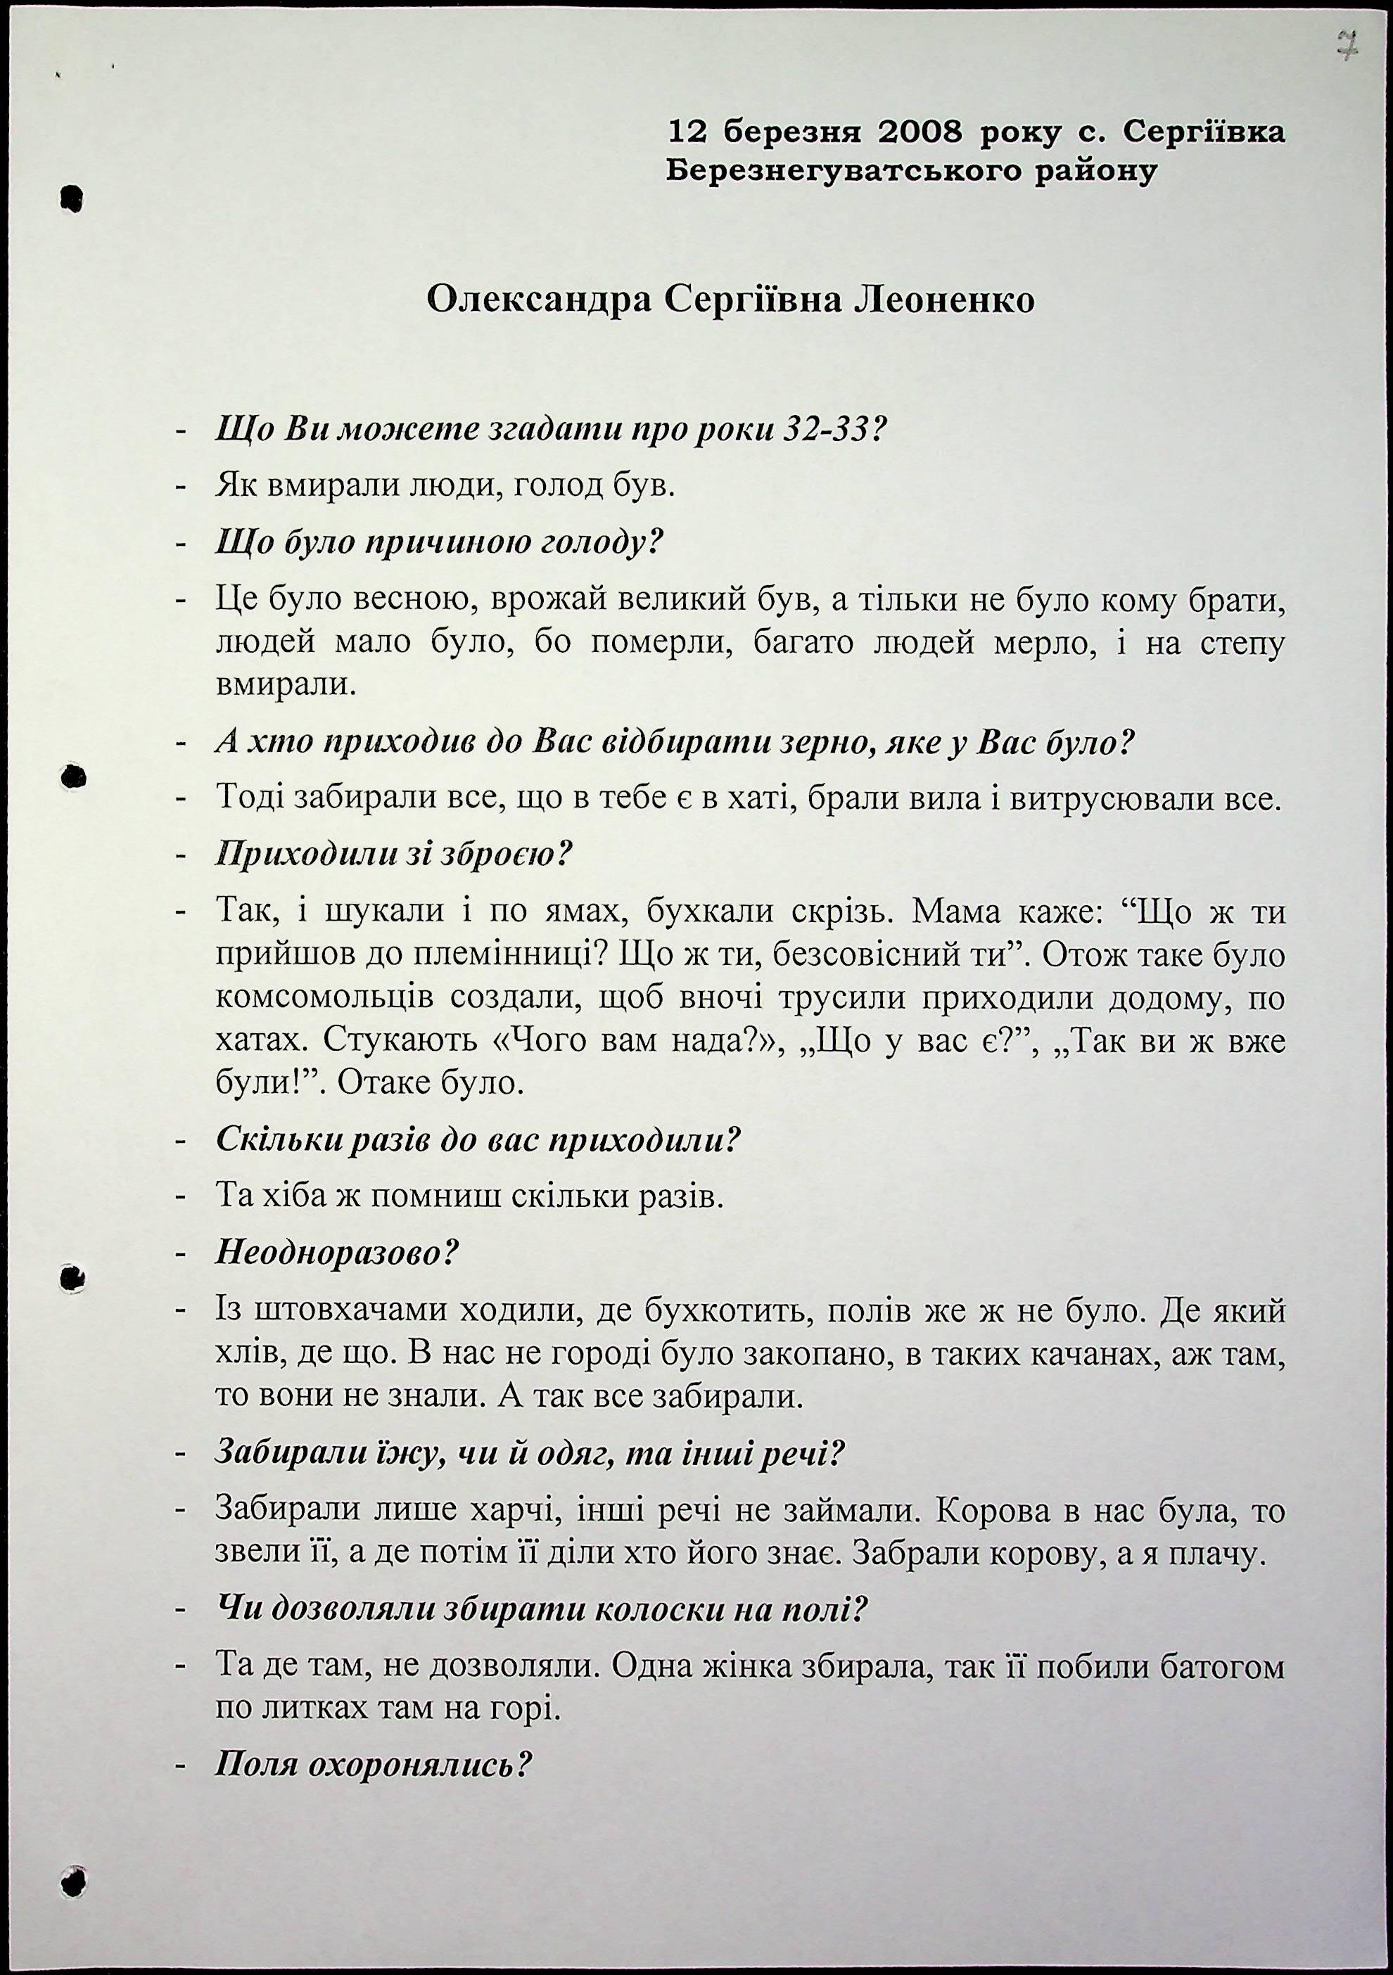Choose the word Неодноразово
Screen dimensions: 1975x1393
pyautogui.click(x=336, y=1253)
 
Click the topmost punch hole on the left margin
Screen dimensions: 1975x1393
pyautogui.click(x=74, y=198)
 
